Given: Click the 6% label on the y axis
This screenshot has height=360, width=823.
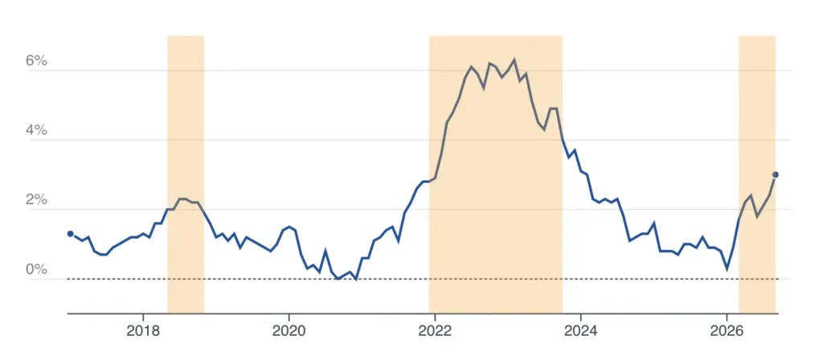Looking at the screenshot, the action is click(x=37, y=61).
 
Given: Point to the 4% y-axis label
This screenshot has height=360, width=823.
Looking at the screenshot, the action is click(x=37, y=131).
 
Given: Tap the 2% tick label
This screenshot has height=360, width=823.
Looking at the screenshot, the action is click(x=37, y=200).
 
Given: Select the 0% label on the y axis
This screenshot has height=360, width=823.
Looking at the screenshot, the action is click(x=37, y=270).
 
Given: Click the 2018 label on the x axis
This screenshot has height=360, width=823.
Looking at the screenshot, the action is click(x=143, y=332).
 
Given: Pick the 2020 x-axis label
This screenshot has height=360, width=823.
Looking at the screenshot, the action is click(x=289, y=332).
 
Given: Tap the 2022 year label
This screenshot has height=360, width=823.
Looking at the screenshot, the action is click(x=435, y=332).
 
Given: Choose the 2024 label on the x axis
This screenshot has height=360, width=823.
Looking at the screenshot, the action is click(x=580, y=332).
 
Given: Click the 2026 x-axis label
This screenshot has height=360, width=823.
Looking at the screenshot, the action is click(x=727, y=332).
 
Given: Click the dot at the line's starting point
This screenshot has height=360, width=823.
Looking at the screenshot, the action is click(x=71, y=234).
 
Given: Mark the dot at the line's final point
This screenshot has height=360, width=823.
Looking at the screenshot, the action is click(x=776, y=174).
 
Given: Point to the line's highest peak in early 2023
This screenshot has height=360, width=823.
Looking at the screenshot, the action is click(x=514, y=59).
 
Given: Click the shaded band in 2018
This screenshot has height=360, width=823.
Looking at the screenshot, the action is click(x=186, y=174).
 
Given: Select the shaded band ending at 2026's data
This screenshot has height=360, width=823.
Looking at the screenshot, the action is click(x=757, y=174).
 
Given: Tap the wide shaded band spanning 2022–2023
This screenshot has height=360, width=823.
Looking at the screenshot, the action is click(x=495, y=174).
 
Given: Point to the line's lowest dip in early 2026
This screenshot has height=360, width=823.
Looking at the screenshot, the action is click(x=727, y=268).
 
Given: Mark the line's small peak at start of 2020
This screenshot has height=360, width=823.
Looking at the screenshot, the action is click(x=289, y=227).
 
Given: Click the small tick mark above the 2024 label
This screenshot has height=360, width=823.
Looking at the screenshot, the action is click(x=580, y=316).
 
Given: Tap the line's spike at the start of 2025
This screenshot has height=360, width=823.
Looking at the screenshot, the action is click(x=654, y=223).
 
